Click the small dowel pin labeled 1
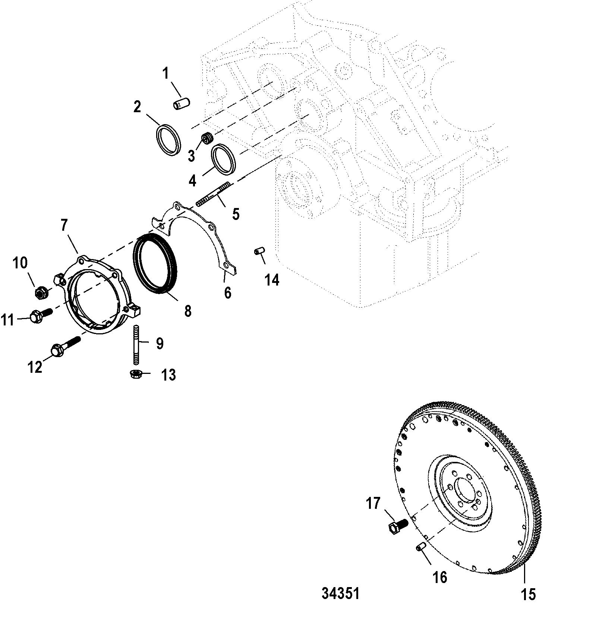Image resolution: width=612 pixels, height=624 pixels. tap(182, 104)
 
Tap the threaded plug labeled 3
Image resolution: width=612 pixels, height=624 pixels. tap(207, 138)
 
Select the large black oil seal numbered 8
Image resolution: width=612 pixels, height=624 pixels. tap(155, 264)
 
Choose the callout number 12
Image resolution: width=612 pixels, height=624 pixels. tap(35, 368)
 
